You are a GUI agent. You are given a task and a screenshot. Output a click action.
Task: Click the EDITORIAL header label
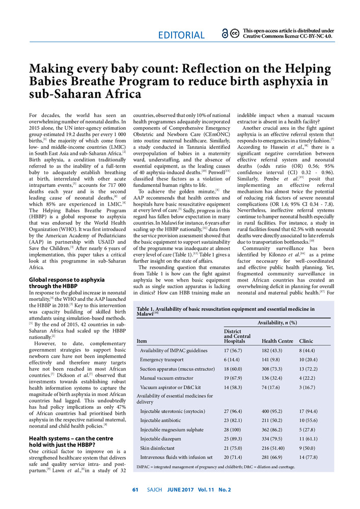181,35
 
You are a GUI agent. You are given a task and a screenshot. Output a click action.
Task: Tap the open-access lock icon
225,34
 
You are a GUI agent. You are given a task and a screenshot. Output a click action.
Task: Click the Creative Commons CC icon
235,34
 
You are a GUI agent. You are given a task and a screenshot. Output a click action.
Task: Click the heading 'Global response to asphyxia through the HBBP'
67,283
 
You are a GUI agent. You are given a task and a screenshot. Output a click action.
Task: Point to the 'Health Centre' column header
277,341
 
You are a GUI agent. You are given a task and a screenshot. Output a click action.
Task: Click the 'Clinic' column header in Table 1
306,341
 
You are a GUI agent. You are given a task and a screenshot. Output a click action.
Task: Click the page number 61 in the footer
135,490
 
